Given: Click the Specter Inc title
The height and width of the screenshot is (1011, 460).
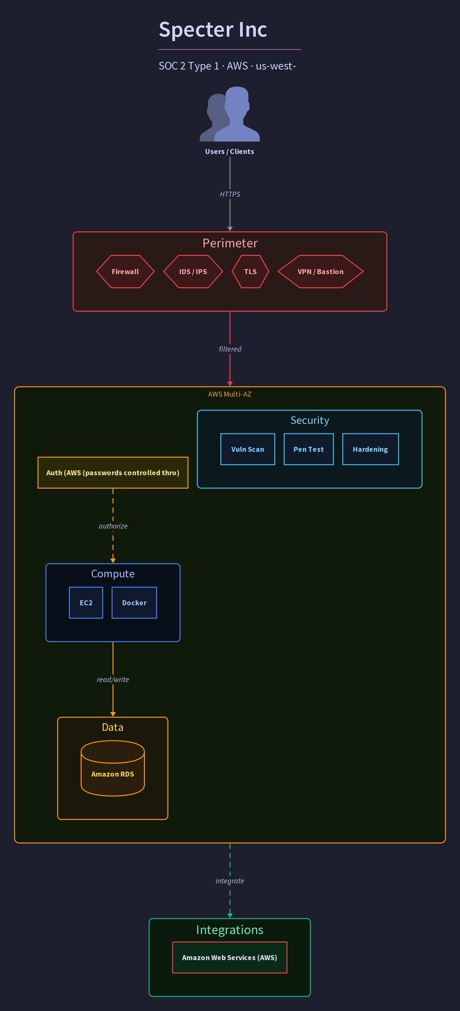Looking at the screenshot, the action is [x=213, y=29].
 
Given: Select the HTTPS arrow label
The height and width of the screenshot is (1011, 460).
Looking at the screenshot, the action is [x=230, y=194].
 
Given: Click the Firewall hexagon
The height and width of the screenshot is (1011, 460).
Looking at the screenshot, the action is [x=125, y=272].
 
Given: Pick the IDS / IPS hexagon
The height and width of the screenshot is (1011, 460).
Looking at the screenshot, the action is [x=193, y=272].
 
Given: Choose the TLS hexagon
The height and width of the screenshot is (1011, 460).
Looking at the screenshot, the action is [x=250, y=272].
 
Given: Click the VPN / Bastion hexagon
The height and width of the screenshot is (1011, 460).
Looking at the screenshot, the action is [x=320, y=272].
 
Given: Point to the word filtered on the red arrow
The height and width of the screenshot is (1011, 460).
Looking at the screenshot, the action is [x=230, y=349].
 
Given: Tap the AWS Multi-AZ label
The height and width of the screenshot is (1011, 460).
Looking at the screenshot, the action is [x=230, y=394].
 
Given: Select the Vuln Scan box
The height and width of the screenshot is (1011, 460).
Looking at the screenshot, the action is [x=248, y=449].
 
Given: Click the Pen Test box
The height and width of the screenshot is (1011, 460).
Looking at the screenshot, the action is [x=309, y=449].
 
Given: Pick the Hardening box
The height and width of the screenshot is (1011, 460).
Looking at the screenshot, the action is [x=371, y=449].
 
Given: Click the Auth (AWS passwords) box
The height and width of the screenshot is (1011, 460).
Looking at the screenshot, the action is [x=113, y=473].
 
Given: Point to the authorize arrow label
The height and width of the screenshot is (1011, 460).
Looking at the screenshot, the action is [x=113, y=526].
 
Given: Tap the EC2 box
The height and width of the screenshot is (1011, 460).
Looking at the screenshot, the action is [x=86, y=603].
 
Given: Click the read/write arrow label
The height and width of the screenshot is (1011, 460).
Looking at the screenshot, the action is [x=113, y=679].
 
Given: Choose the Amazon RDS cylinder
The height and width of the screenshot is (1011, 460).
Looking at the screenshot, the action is [x=113, y=768].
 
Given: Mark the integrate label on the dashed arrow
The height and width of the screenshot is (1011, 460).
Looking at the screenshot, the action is [x=230, y=881].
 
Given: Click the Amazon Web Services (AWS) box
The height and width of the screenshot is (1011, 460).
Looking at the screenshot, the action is [x=230, y=958].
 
